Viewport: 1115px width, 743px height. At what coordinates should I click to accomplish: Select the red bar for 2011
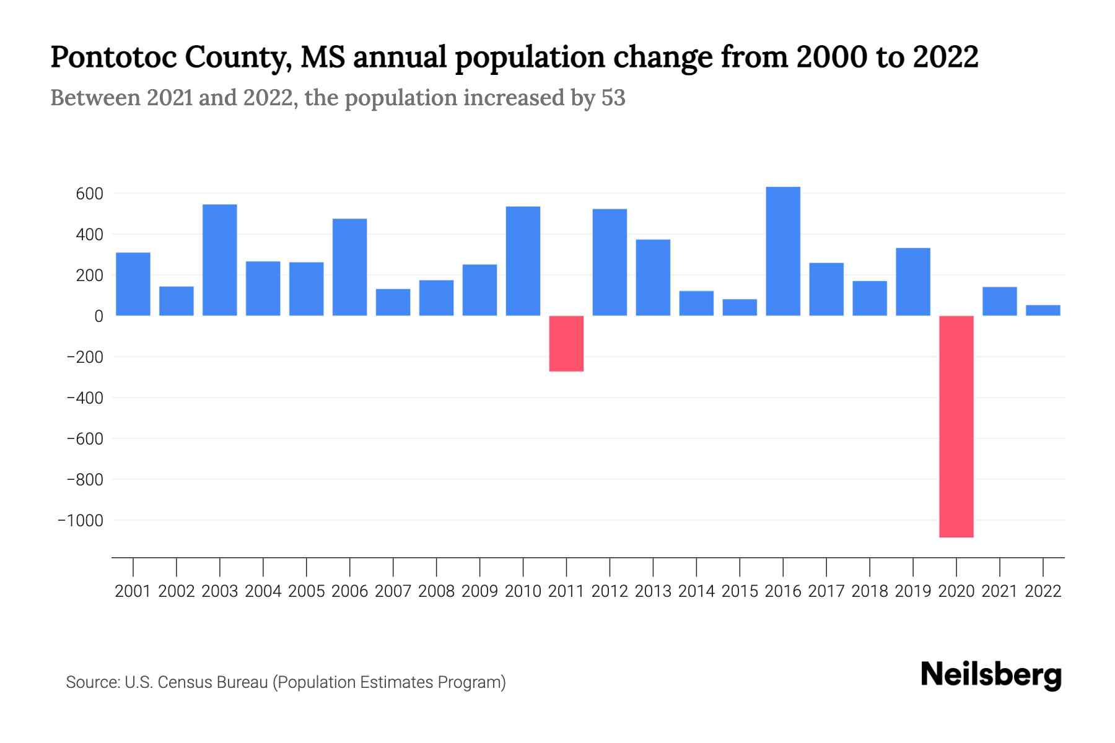[566, 344]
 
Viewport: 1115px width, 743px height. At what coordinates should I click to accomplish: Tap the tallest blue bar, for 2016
[783, 251]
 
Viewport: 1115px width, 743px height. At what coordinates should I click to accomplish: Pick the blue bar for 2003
[220, 260]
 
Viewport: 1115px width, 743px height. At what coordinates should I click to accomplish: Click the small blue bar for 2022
[1043, 310]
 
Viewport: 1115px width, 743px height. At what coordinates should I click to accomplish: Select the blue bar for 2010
[523, 261]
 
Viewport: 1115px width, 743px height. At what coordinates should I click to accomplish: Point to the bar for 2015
[740, 308]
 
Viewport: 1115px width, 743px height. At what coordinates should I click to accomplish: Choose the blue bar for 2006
[349, 267]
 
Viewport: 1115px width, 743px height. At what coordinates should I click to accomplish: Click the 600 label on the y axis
[89, 194]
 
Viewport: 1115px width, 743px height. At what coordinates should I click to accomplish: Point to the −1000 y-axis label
[81, 521]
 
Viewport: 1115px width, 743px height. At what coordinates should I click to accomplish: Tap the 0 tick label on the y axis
[98, 316]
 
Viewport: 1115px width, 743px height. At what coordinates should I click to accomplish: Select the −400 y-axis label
[85, 398]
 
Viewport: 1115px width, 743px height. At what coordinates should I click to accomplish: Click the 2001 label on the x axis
[133, 591]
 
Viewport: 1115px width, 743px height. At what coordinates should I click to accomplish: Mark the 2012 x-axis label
[610, 591]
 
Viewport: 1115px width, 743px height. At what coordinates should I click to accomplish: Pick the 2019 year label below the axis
[913, 591]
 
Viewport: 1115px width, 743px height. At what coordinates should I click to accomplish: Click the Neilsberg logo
[991, 675]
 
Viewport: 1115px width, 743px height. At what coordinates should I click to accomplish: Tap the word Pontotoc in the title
[114, 58]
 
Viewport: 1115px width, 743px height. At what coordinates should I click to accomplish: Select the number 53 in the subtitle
[613, 98]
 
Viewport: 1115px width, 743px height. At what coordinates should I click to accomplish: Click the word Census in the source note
[181, 682]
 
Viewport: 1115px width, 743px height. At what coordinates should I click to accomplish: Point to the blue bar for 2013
[653, 277]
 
